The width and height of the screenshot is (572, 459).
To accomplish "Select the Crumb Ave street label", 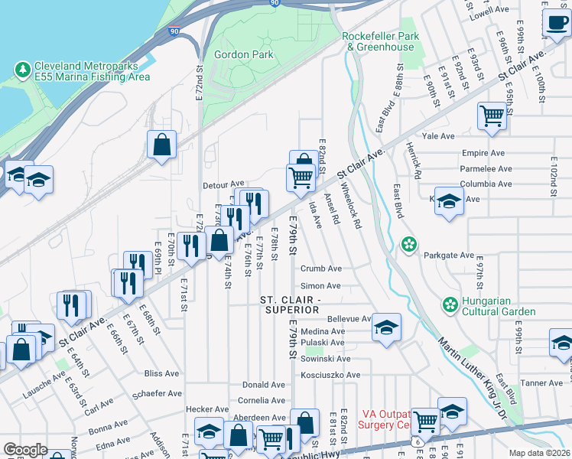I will pyautogui.click(x=320, y=269).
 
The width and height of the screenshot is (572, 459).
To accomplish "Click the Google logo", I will pyautogui.click(x=25, y=450).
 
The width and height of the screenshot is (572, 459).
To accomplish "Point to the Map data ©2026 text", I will pyautogui.click(x=539, y=453).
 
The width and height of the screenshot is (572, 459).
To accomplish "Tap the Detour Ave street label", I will pyautogui.click(x=223, y=184).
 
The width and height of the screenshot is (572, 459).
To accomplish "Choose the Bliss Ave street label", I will pyautogui.click(x=161, y=373).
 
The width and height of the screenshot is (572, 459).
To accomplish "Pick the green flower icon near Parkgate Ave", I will pyautogui.click(x=410, y=245).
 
